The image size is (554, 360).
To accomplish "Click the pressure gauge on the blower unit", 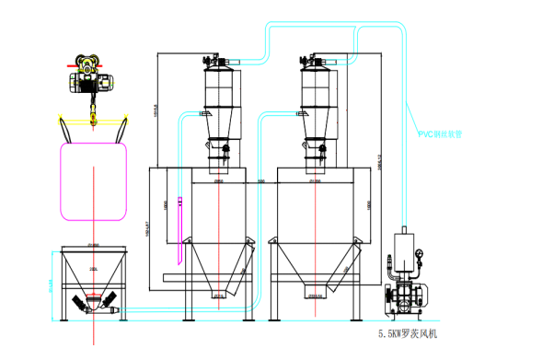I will click(420, 249).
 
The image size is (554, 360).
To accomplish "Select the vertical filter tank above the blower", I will click(402, 247).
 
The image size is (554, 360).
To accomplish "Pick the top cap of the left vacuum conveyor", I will click(219, 63).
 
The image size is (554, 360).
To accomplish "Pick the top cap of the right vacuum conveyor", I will click(316, 63).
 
